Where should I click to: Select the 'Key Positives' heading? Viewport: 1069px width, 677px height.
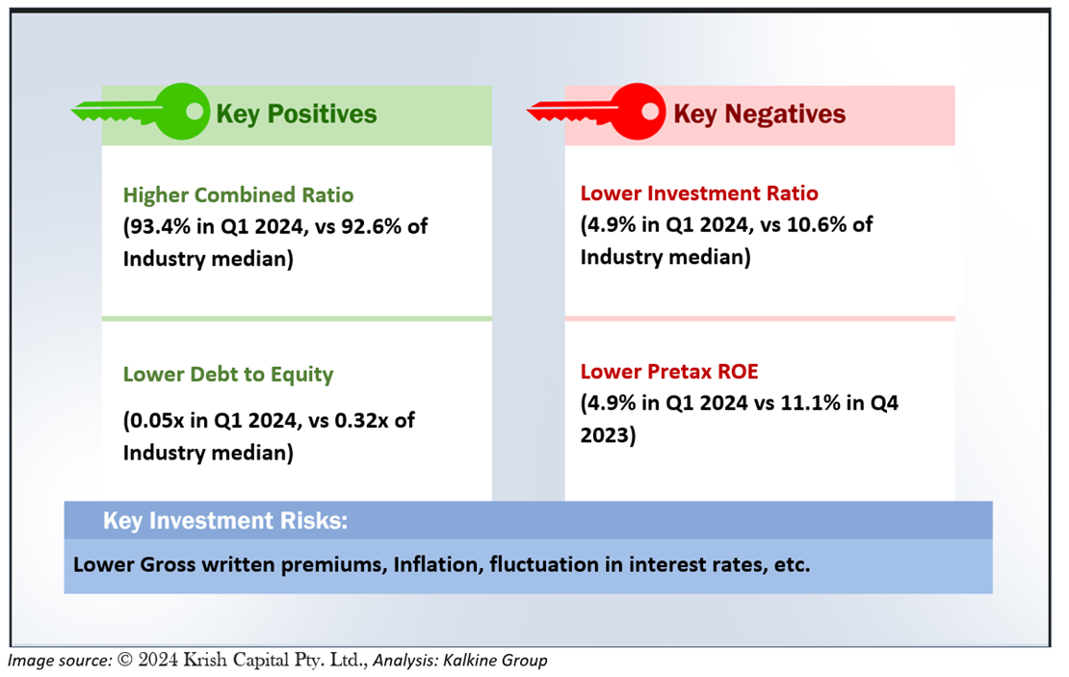[x=297, y=114]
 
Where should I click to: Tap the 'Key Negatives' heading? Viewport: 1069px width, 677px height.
[x=760, y=114]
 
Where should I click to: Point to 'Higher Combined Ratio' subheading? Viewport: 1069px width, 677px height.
[x=239, y=195]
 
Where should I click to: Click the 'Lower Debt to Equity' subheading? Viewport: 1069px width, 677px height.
[x=228, y=375]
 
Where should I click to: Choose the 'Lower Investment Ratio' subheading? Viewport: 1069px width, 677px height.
[x=699, y=193]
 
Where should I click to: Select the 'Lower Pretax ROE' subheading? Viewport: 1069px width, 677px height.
[x=669, y=372]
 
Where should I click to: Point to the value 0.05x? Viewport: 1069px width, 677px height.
[x=157, y=420]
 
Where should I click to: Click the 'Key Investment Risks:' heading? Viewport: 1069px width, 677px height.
[x=225, y=521]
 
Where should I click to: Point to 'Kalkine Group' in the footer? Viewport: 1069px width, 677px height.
[x=495, y=660]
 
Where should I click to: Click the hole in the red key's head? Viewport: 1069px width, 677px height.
[x=650, y=111]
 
